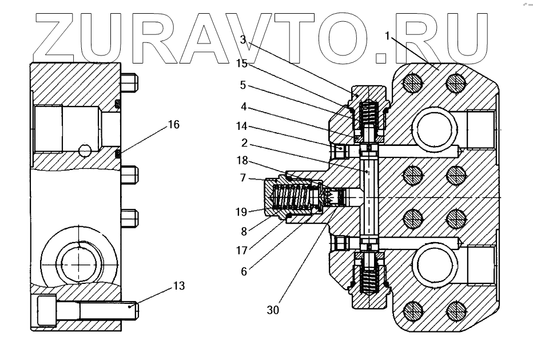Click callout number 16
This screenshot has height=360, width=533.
tap(174, 124)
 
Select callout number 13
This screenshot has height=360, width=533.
tap(179, 286)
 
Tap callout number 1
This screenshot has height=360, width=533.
tap(387, 37)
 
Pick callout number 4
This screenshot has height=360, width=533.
tap(243, 106)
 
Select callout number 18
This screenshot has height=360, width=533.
tap(242, 162)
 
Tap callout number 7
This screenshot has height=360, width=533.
tap(243, 178)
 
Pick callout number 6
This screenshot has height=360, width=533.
tap(243, 271)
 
